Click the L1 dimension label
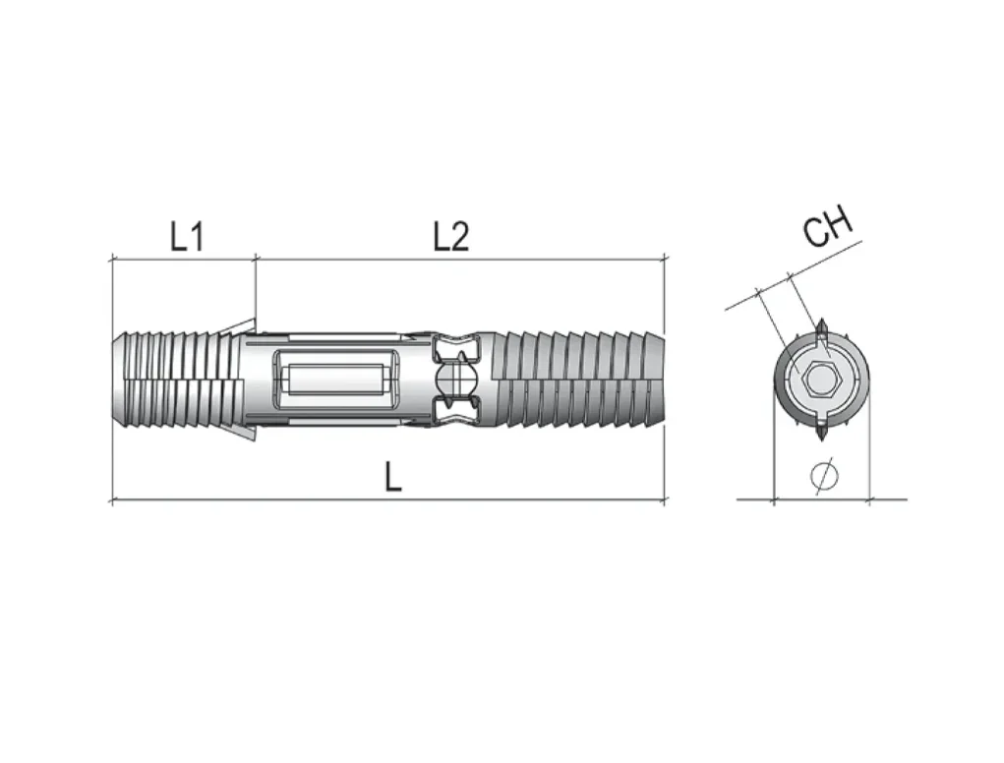[x=187, y=236]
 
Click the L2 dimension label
[x=451, y=236]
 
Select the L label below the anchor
[x=393, y=477]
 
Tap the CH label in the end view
[x=829, y=225]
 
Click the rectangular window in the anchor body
[x=337, y=381]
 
